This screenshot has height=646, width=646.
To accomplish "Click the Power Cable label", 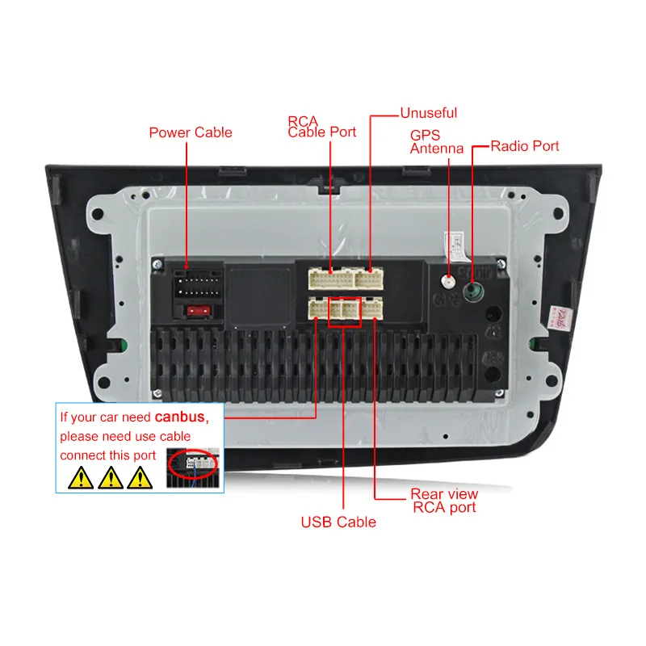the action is (x=191, y=132).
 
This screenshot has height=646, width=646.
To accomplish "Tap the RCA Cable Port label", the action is (x=321, y=127).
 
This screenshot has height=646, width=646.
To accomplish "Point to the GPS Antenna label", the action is (x=437, y=142).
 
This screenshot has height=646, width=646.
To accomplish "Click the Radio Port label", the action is (x=525, y=146).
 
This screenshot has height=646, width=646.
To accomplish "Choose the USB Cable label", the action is (x=338, y=522).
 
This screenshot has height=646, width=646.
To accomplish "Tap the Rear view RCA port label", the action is (x=444, y=501).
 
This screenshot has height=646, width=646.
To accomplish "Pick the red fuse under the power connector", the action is (x=198, y=310).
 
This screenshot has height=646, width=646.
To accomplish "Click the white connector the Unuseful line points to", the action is (x=370, y=279).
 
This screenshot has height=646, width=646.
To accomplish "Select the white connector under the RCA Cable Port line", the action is (x=329, y=279).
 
